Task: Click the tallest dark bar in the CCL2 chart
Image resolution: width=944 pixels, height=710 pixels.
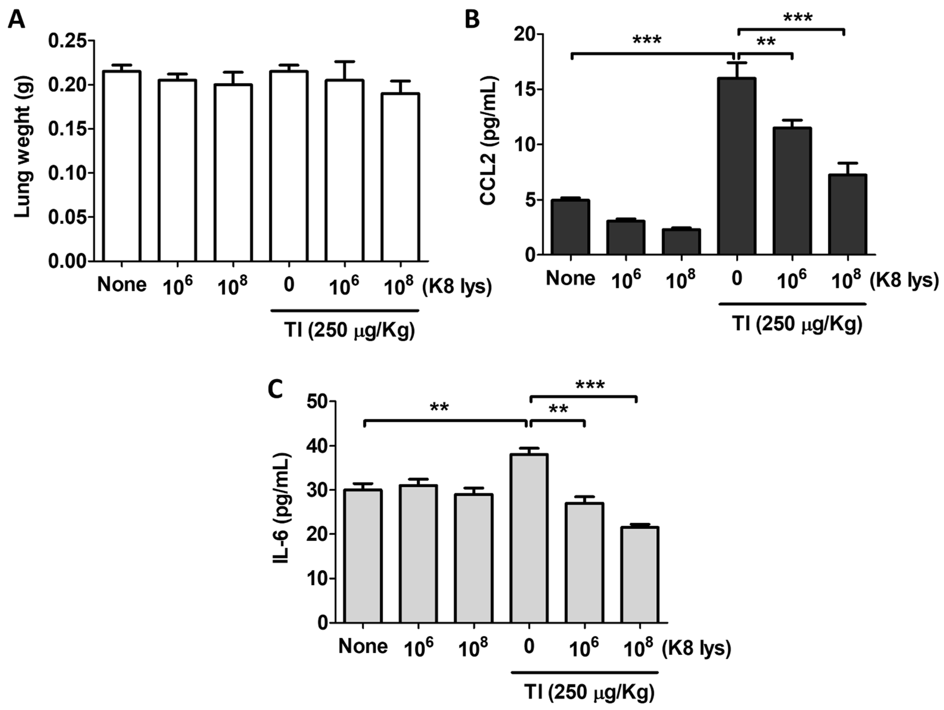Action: [x=737, y=167]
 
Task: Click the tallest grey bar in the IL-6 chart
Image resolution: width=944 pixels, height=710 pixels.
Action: [x=529, y=539]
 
